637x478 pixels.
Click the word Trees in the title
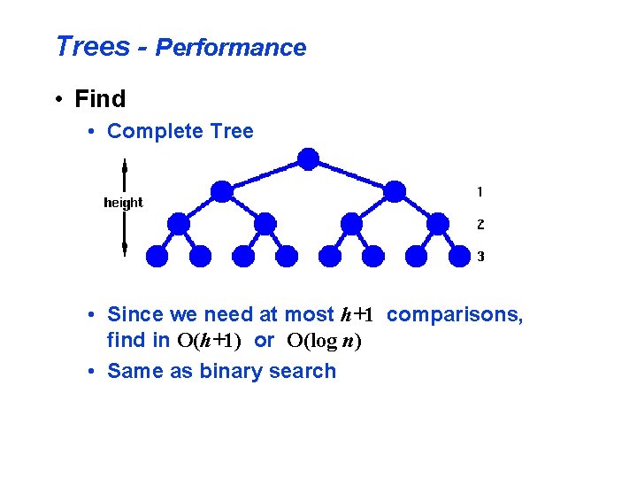click(91, 47)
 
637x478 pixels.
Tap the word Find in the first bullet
click(100, 98)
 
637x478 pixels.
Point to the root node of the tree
click(308, 158)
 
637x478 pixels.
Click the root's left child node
click(222, 190)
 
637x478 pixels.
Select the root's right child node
click(395, 190)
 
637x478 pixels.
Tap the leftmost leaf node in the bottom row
click(157, 256)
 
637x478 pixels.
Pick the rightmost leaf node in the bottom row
click(459, 256)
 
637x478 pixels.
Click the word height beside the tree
click(123, 203)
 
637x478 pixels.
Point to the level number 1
click(480, 191)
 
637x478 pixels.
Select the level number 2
click(480, 224)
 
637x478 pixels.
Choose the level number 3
click(480, 257)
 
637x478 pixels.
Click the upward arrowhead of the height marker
click(125, 165)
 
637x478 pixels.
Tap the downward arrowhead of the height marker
click(125, 244)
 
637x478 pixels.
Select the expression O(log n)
click(325, 341)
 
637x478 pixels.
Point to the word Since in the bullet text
click(134, 314)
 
